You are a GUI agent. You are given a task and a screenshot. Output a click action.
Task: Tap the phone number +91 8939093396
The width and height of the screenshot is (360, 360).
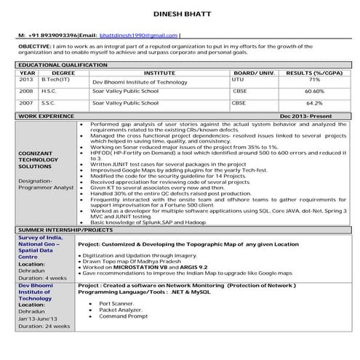47,35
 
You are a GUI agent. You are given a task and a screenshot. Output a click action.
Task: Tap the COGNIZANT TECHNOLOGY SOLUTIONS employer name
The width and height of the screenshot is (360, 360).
43,167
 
